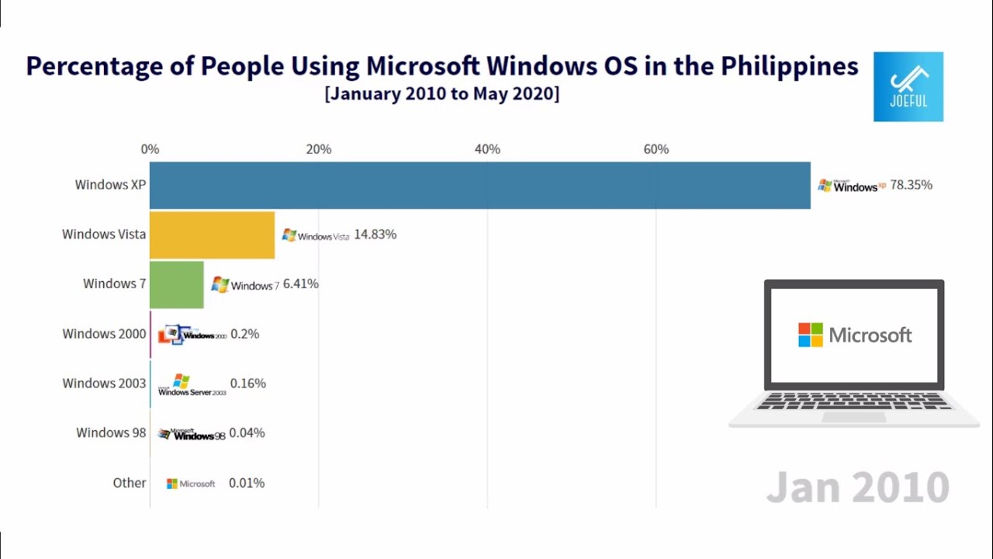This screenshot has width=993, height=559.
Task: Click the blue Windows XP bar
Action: coord(479,185)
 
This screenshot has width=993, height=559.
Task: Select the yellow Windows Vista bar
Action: coord(212,234)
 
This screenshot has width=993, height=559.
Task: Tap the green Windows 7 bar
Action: coord(176,284)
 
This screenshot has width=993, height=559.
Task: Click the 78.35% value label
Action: coord(911,186)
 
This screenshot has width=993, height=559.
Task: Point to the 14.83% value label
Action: coord(375,234)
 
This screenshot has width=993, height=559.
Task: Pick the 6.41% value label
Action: coord(300,284)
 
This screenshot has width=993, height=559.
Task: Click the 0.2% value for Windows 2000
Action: coord(244,334)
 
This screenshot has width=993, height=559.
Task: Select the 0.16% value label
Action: coord(247,384)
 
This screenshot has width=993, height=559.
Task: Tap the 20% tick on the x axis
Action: coord(318,149)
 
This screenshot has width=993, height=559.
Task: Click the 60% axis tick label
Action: coord(656,149)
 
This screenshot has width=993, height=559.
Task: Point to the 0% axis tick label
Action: coord(150,149)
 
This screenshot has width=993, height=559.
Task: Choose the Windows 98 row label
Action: coord(110,433)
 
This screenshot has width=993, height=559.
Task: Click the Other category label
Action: coord(129,483)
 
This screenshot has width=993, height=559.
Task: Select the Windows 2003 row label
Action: coord(104,384)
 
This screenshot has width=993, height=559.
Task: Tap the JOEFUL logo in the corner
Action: coord(908,86)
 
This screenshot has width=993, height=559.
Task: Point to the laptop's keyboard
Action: coord(853,401)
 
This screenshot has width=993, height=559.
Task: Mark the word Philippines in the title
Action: coord(789,66)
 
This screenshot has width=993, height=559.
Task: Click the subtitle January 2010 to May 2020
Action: coord(441,94)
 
